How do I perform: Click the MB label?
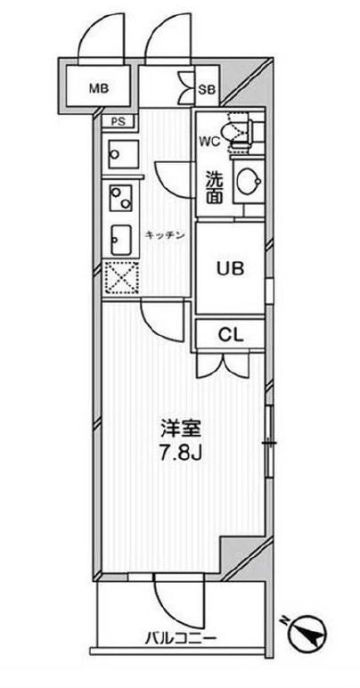point(99,87)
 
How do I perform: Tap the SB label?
point(207,88)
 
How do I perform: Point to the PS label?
point(119,123)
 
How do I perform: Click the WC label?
point(209,141)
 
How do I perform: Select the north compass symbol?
point(311,635)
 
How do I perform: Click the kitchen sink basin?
point(118,238)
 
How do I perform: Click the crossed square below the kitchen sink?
point(118,278)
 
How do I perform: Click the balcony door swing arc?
point(169,594)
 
